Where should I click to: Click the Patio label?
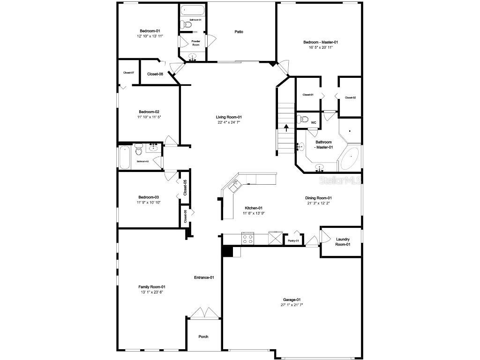tap(239, 32)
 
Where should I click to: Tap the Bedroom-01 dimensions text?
tap(150, 36)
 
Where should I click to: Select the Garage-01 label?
tap(292, 300)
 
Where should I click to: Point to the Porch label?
tap(203, 337)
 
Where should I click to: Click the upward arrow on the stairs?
tap(286, 127)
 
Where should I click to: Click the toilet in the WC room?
tap(301, 119)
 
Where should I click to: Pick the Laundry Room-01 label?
tap(343, 242)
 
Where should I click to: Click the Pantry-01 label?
tap(293, 240)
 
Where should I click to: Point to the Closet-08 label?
tap(155, 74)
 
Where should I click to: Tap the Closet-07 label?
tap(128, 73)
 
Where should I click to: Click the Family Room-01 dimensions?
tap(151, 292)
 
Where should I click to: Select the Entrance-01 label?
tap(204, 277)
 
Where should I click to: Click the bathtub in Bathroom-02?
tap(125, 157)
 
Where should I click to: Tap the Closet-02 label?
tap(350, 97)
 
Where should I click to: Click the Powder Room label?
tap(196, 43)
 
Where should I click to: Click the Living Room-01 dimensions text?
tap(229, 122)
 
